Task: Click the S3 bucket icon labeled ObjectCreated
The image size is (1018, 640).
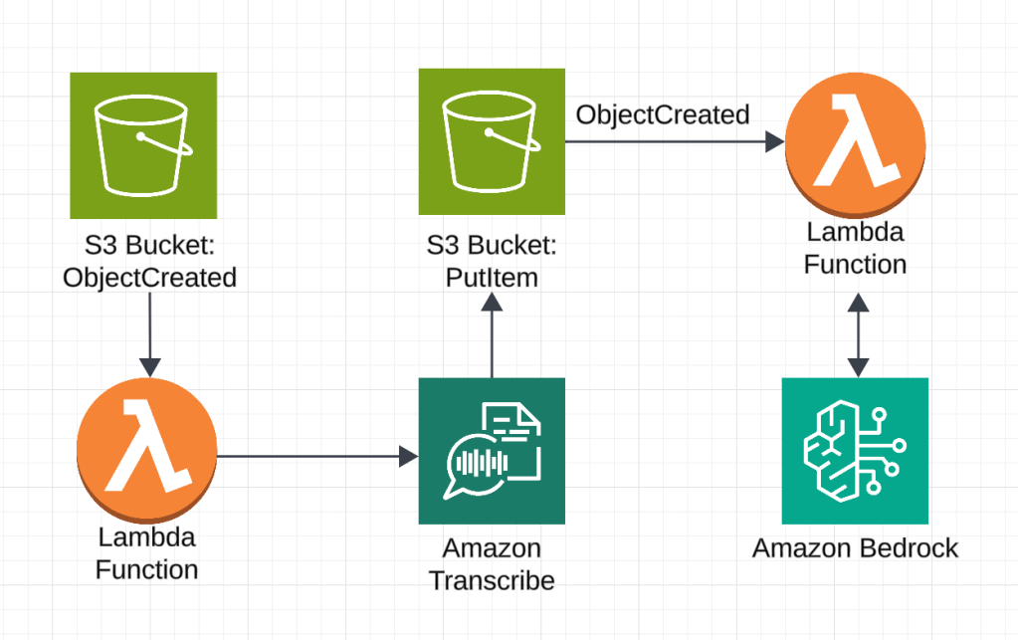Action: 143,145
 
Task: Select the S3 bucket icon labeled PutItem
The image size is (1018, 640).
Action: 492,141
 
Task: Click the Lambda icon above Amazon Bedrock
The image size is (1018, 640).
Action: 854,142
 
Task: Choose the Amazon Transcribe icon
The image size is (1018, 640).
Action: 492,451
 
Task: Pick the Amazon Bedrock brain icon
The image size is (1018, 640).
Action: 854,451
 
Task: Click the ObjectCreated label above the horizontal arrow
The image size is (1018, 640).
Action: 663,114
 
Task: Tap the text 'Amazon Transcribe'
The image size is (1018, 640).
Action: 492,564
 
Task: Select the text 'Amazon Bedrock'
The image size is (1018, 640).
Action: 855,548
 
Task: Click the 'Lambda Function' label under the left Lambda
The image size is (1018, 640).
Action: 146,554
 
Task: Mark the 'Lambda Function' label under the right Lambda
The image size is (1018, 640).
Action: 855,249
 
